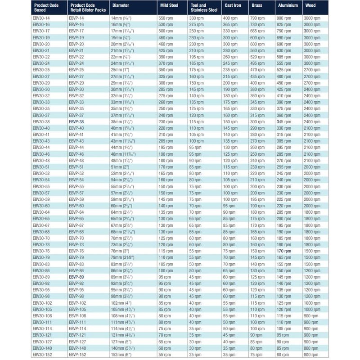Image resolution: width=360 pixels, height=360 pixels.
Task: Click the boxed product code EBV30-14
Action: pyautogui.click(x=41, y=17)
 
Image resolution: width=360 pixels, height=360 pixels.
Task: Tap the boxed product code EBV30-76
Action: pyautogui.click(x=41, y=251)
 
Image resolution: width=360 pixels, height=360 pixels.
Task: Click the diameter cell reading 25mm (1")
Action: pyautogui.click(x=121, y=69)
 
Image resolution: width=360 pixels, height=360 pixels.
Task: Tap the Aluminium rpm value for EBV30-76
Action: pyautogui.click(x=284, y=251)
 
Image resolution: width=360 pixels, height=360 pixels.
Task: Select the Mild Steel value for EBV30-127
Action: pyautogui.click(x=165, y=342)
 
